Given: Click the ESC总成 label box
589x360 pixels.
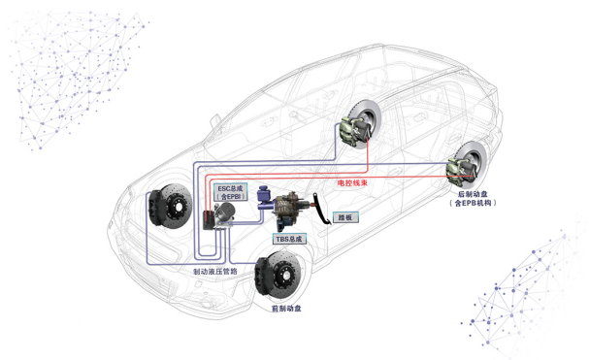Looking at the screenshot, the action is [x=230, y=192].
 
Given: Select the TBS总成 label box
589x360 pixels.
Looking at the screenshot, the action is [x=289, y=239].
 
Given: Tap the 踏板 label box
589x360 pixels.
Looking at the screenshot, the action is [x=345, y=217].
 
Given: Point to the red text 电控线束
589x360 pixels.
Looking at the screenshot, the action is [x=352, y=183].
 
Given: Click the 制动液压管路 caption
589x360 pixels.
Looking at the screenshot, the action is [x=215, y=272].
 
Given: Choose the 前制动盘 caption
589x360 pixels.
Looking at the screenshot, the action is [x=286, y=309].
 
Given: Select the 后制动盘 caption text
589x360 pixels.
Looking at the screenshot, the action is [x=473, y=194].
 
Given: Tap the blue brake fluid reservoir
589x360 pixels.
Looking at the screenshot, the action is [x=263, y=195].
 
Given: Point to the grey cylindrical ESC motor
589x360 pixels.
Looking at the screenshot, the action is [x=226, y=212].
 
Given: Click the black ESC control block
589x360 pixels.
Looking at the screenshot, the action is [x=209, y=220].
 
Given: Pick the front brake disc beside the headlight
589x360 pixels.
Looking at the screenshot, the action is [x=173, y=206].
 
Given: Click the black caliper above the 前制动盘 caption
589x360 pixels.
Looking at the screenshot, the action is [x=262, y=277].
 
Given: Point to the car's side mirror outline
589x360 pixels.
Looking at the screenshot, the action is [x=214, y=122].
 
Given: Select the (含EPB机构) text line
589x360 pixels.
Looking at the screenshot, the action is [x=473, y=203].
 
